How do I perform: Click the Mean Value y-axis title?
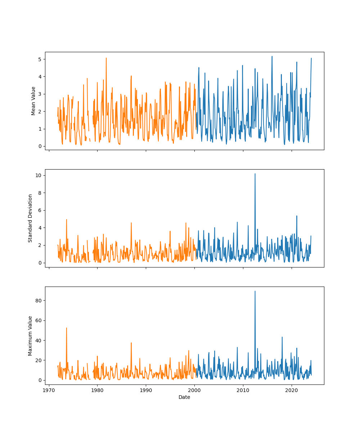[x=33, y=101]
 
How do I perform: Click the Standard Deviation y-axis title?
[x=31, y=218]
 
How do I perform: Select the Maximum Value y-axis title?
[x=31, y=336]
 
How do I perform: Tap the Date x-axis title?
[x=184, y=397]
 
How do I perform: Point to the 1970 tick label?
[x=49, y=390]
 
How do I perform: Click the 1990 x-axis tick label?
[x=146, y=390]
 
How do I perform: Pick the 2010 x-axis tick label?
[x=243, y=390]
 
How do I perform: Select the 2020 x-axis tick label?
[x=291, y=390]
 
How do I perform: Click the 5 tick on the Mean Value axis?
[x=40, y=59]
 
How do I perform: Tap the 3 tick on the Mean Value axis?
[x=40, y=94]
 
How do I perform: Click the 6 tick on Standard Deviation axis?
[x=40, y=210]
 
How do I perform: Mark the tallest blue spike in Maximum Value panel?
[x=255, y=291]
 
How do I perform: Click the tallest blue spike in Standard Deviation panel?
[x=255, y=174]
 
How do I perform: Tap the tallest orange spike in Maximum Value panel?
[x=66, y=328]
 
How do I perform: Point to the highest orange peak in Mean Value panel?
[x=106, y=58]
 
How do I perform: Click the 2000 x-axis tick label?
[x=194, y=390]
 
